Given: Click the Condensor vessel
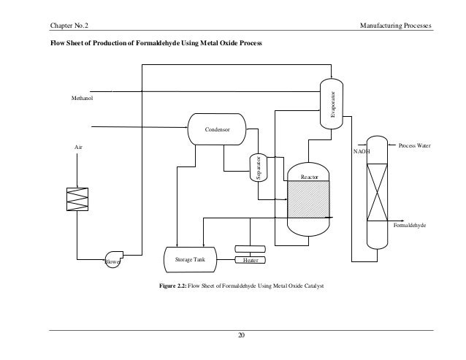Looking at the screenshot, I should pyautogui.click(x=217, y=129).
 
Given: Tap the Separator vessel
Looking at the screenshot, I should pyautogui.click(x=257, y=168).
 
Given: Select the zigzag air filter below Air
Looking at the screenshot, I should pyautogui.click(x=77, y=202).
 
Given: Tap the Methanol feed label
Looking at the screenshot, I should pyautogui.click(x=82, y=97).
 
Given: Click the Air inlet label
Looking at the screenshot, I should pyautogui.click(x=79, y=147).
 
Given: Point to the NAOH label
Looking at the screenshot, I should pyautogui.click(x=361, y=152).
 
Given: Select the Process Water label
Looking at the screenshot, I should pyautogui.click(x=416, y=146).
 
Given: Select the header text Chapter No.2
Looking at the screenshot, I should pyautogui.click(x=69, y=27).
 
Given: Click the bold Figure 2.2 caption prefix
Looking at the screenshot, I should pyautogui.click(x=172, y=287).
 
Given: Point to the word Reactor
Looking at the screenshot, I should pyautogui.click(x=310, y=177).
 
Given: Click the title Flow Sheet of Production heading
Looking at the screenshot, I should pyautogui.click(x=154, y=44).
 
